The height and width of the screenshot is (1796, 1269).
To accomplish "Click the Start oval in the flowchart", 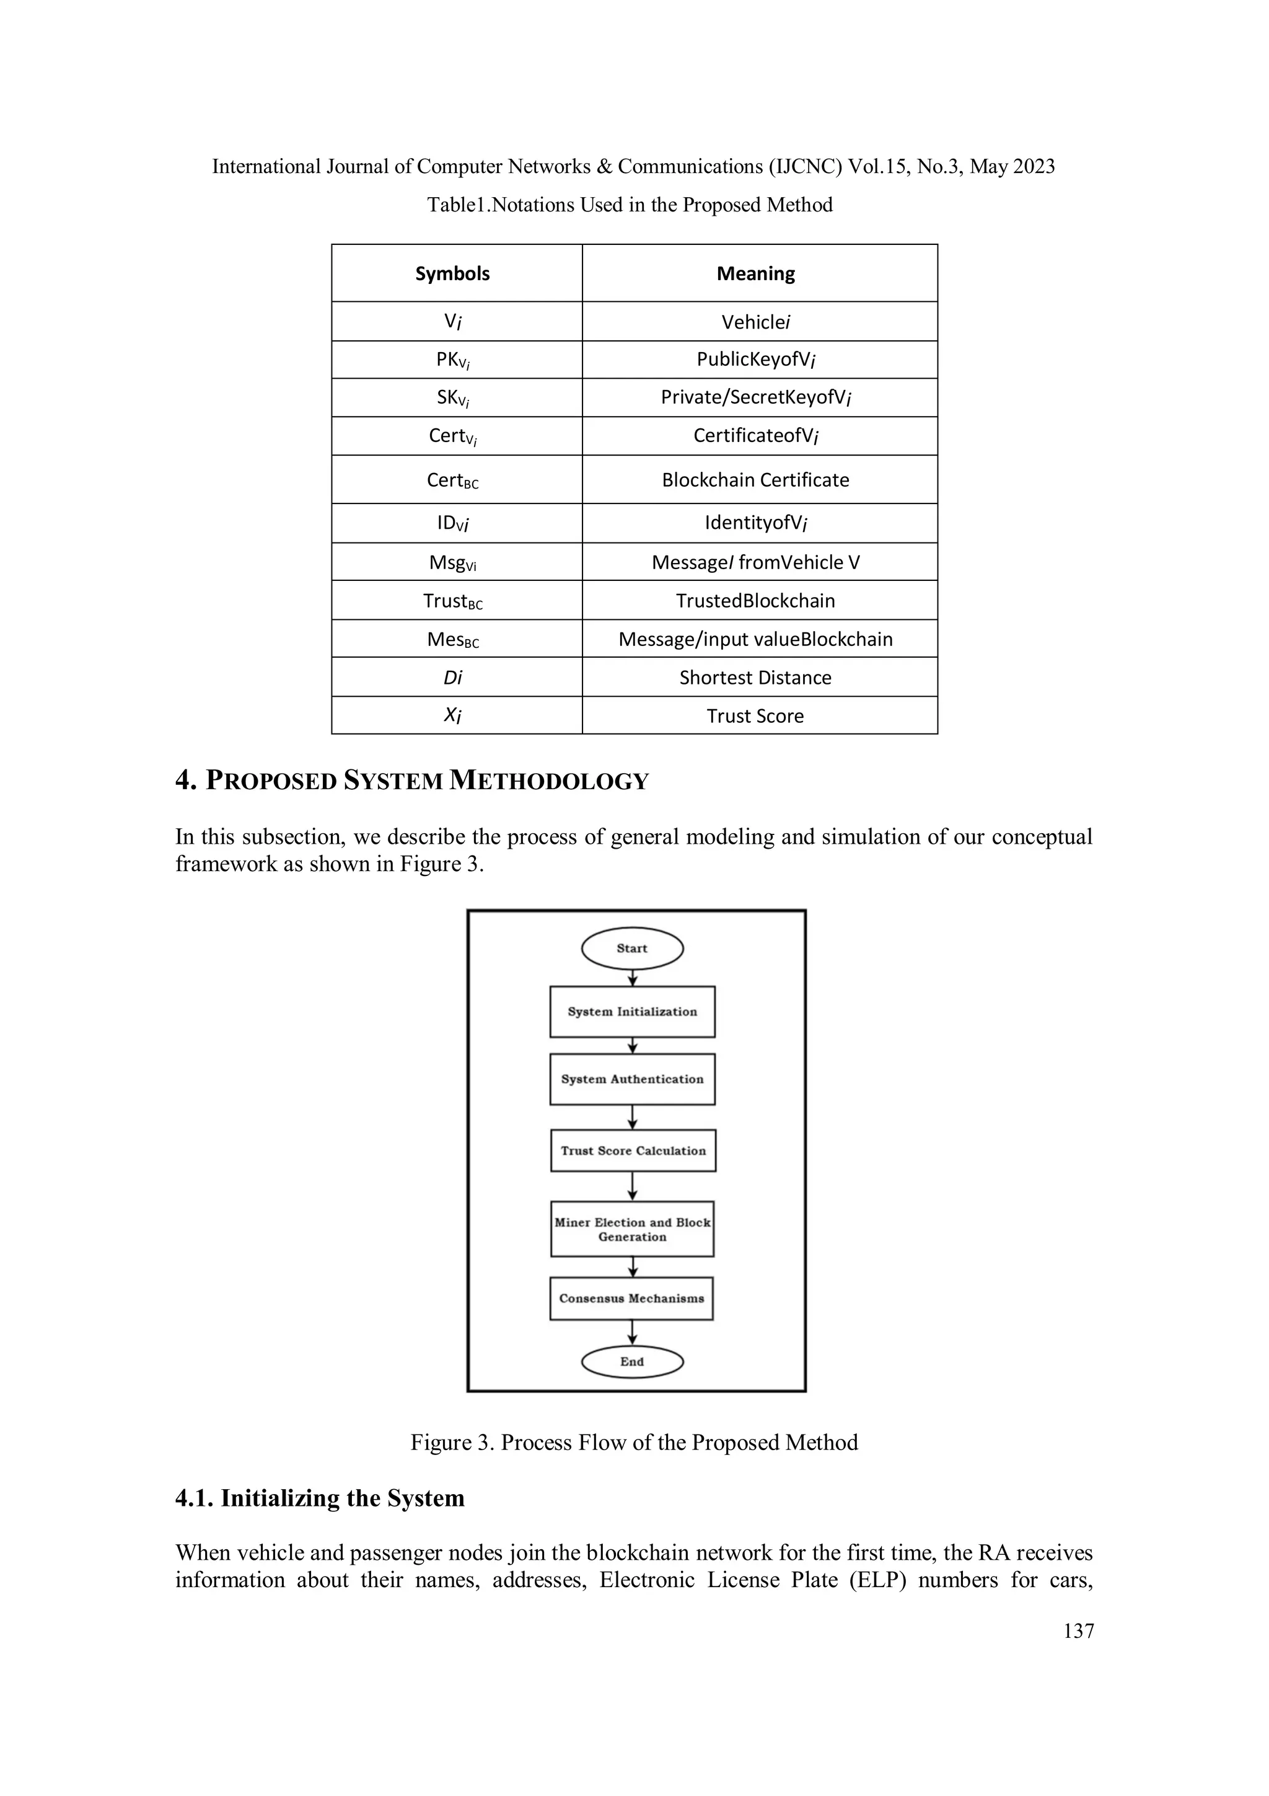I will point(632,948).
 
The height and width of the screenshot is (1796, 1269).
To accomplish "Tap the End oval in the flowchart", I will point(632,1362).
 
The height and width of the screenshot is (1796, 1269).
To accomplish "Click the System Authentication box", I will point(632,1079).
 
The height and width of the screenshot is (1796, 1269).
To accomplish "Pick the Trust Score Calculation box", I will point(633,1151).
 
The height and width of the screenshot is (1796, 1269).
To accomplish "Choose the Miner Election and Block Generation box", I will point(632,1229).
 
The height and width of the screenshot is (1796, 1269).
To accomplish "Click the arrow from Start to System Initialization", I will point(633,978).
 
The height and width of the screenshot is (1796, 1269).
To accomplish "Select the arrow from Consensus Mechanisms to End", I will point(632,1333).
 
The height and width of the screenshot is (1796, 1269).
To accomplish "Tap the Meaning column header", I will point(755,274).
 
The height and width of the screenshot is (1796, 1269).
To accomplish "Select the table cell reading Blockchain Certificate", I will point(755,479).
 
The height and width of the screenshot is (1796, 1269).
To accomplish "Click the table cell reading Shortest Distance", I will point(755,678).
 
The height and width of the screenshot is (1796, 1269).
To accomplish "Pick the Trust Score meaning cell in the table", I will point(755,716).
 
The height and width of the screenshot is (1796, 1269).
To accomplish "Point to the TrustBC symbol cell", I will point(453,601).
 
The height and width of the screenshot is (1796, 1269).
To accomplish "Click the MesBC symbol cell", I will point(453,639).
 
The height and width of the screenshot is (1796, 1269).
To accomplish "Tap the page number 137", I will point(1078,1631).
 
